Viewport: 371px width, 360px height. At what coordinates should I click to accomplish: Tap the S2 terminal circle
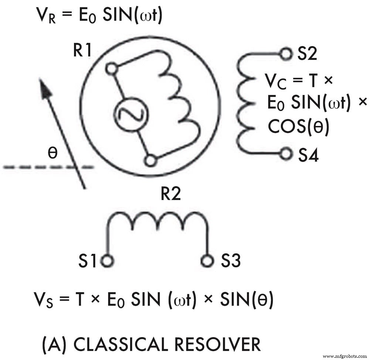click(285, 55)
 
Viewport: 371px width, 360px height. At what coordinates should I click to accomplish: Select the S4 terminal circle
click(285, 154)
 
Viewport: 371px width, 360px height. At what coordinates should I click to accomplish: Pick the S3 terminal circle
click(208, 261)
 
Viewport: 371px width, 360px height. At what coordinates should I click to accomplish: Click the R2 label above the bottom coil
click(171, 194)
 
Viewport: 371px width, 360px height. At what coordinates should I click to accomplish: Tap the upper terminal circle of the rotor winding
click(111, 68)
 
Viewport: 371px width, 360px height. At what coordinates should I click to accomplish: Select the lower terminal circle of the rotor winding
click(150, 161)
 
